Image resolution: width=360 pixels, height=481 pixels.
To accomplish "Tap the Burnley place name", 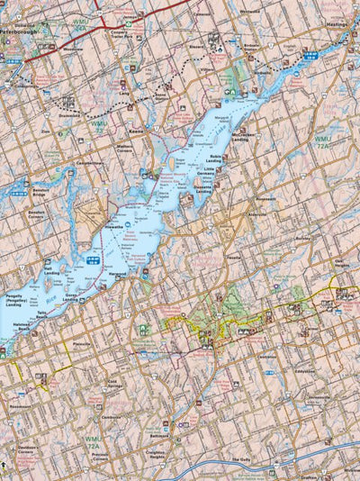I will click(304, 239).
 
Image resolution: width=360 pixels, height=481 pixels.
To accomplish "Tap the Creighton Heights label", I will click(157, 454).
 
